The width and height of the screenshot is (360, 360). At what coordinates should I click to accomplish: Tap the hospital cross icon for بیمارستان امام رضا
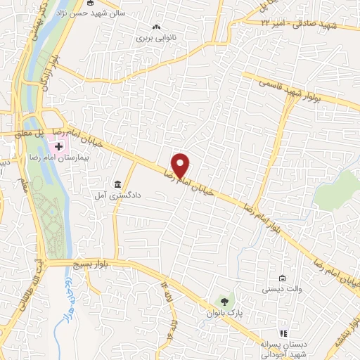59,146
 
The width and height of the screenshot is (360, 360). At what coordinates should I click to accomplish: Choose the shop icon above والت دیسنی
282,278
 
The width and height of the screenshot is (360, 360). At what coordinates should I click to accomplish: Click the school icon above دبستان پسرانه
283,333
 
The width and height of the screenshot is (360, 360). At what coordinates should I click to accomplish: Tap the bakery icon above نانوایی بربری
155,29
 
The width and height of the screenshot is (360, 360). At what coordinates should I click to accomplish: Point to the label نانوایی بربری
154,39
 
